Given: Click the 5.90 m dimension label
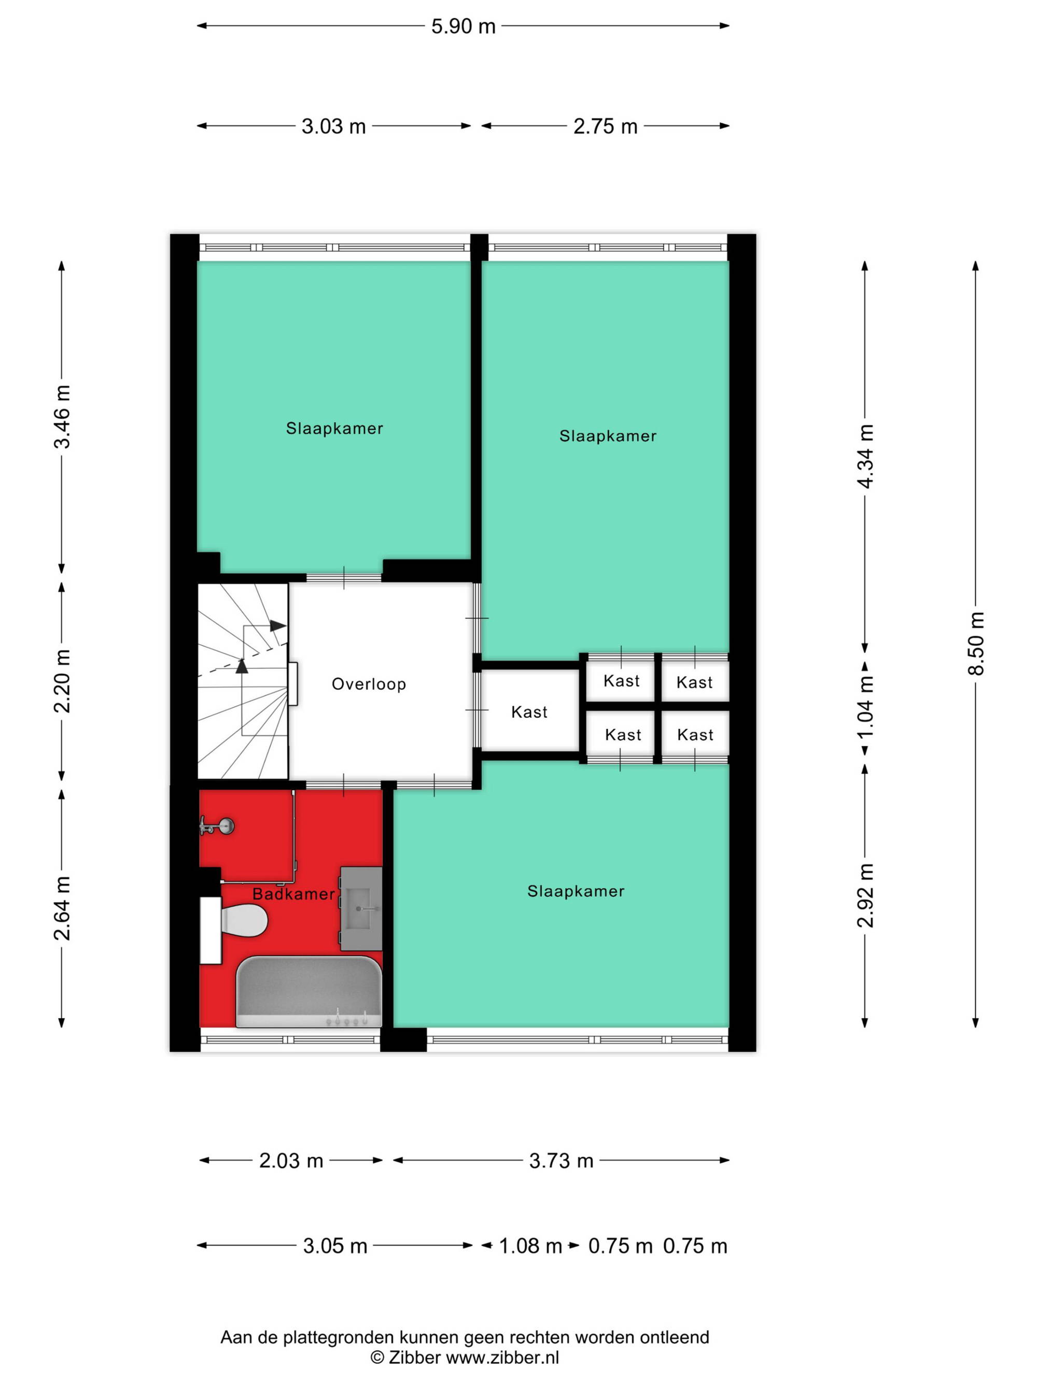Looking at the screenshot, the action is pyautogui.click(x=463, y=26).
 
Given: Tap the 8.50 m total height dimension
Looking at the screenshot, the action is pyautogui.click(x=976, y=643).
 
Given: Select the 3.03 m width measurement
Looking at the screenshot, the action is pyautogui.click(x=333, y=126).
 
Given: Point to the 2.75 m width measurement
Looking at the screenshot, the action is pyautogui.click(x=605, y=126).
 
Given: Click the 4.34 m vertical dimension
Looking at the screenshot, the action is pyautogui.click(x=865, y=456).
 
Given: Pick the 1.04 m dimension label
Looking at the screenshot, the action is pyautogui.click(x=865, y=707).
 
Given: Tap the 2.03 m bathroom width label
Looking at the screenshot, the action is pyautogui.click(x=291, y=1161).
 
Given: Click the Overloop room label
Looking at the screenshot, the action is pyautogui.click(x=369, y=684).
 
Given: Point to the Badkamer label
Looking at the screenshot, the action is pyautogui.click(x=293, y=894).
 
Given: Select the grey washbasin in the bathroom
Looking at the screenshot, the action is pyautogui.click(x=361, y=908).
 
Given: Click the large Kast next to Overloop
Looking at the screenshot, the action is pyautogui.click(x=529, y=711).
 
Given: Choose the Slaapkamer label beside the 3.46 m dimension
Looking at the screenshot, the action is pyautogui.click(x=334, y=429).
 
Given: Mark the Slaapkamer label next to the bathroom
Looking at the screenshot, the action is pyautogui.click(x=576, y=891).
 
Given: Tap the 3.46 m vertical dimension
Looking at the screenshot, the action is pyautogui.click(x=62, y=417).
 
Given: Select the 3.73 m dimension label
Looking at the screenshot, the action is pyautogui.click(x=560, y=1161).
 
